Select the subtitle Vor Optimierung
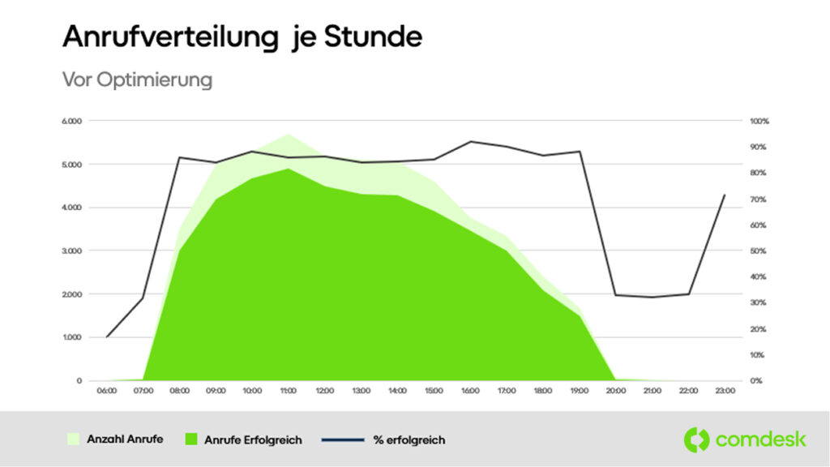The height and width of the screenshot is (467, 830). coord(137,80)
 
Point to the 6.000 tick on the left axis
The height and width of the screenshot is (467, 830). coord(73,122)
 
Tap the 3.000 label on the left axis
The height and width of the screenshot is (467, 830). coord(73,251)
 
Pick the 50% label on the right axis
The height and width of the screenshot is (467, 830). coord(758,251)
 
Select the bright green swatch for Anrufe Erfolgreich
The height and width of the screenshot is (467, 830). coord(192,439)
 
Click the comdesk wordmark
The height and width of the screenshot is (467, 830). coord(760,439)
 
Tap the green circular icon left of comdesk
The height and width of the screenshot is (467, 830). coord(696,439)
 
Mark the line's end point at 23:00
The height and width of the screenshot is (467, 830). coord(724,195)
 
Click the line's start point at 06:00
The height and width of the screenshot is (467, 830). coord(106,336)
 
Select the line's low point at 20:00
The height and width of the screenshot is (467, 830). coord(615,295)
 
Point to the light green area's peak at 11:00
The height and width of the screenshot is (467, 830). coord(288,134)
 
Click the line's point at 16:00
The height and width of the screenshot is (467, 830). coord(470,141)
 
